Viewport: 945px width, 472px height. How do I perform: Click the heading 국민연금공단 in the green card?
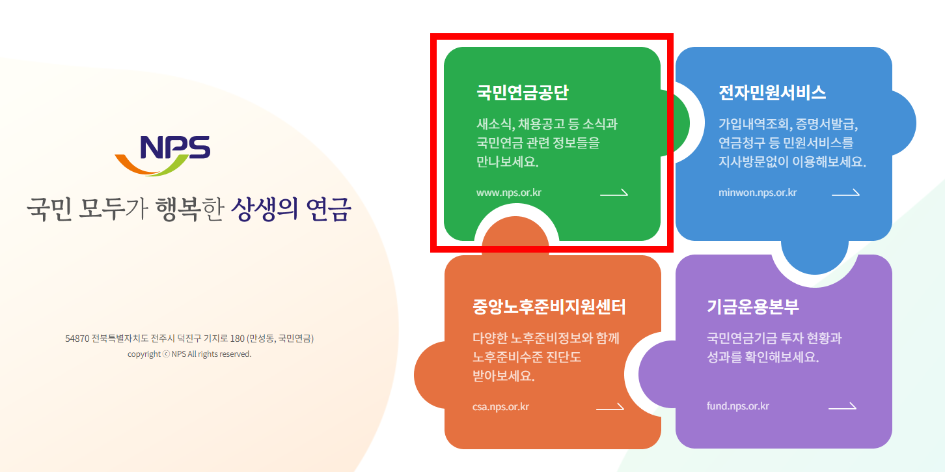(x=523, y=92)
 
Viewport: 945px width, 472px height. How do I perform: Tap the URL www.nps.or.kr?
(x=509, y=193)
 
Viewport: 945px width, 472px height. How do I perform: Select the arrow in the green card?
(x=614, y=193)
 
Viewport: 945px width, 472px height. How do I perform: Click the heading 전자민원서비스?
(x=773, y=92)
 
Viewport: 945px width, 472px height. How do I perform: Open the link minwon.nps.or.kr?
(x=758, y=193)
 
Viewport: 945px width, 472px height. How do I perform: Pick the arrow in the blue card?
(x=845, y=193)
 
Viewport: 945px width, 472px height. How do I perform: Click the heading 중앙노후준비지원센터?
(x=549, y=307)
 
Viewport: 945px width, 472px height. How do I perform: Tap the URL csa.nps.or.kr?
(x=500, y=407)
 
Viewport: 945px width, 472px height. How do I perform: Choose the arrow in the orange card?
(x=610, y=407)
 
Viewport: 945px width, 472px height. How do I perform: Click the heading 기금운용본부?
(x=752, y=307)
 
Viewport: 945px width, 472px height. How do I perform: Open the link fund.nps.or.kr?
(x=738, y=406)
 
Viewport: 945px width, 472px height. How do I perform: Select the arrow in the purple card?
(x=842, y=406)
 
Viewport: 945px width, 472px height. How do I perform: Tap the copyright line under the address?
(x=189, y=354)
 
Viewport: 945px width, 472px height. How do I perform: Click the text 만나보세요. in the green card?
(x=508, y=162)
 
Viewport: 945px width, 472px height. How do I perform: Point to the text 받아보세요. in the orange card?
(x=504, y=376)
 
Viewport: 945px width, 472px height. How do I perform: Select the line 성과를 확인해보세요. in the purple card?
(x=762, y=357)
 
